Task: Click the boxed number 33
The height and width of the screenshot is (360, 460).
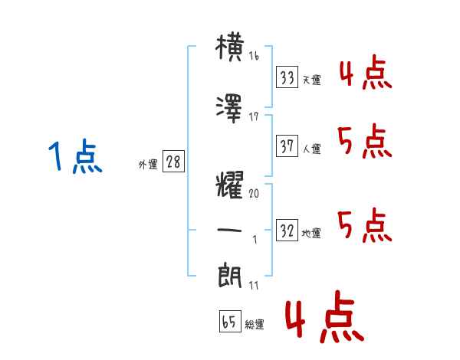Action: (287, 78)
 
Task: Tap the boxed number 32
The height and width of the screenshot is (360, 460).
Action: (287, 231)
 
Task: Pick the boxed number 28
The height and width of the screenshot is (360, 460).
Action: (173, 163)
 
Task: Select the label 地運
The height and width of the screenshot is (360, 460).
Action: (311, 234)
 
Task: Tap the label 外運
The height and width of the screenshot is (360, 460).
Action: (147, 165)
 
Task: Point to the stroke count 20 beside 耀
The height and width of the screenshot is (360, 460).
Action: (254, 195)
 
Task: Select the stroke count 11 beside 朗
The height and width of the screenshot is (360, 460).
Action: (254, 285)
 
